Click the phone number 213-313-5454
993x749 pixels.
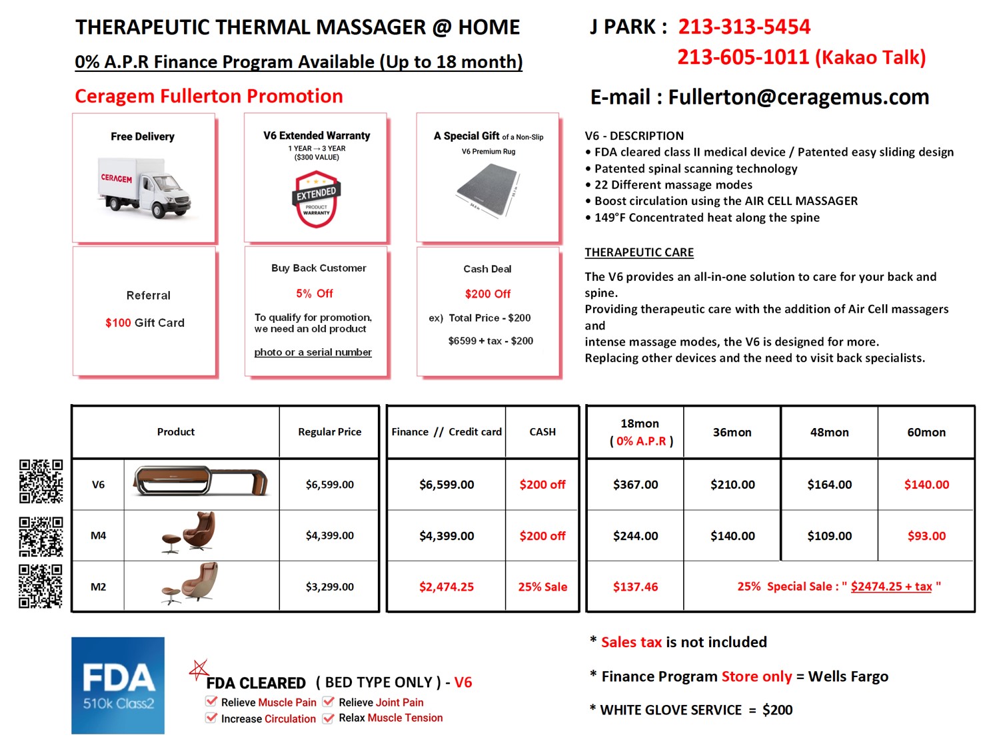744,27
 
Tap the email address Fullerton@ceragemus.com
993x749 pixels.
798,97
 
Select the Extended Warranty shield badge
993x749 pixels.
316,198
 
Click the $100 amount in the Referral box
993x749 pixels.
118,323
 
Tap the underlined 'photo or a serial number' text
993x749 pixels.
313,352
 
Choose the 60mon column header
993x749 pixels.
926,432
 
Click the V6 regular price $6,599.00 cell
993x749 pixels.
329,485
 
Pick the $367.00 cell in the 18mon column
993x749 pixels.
635,485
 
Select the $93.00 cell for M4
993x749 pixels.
926,536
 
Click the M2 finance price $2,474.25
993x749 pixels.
446,587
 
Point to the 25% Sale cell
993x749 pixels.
542,587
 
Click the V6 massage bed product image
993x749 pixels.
201,481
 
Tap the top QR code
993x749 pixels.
41,481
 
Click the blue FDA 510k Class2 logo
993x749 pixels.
118,686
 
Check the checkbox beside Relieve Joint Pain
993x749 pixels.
329,702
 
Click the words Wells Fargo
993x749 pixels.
848,677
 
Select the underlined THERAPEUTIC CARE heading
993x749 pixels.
639,252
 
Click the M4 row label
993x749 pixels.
98,535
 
